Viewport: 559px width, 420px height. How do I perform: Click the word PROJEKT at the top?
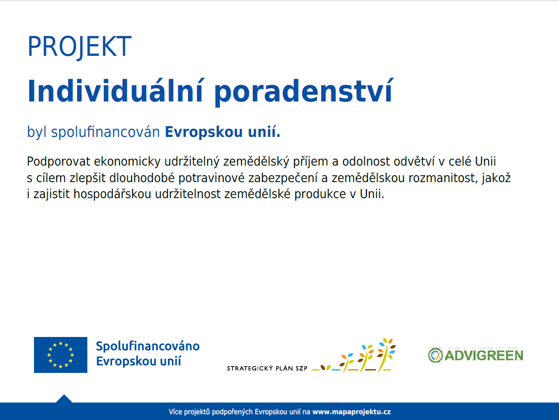coord(79,47)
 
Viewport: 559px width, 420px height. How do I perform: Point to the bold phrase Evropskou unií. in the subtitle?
coord(223,132)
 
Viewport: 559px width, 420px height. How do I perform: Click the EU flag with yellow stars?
coord(61,355)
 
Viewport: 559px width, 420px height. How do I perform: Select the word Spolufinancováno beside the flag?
coord(148,347)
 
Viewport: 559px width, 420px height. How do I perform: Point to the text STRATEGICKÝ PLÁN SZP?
coord(267,369)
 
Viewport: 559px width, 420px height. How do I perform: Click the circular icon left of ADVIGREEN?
coord(435,355)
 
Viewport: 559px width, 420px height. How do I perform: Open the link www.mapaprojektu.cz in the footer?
coord(351,412)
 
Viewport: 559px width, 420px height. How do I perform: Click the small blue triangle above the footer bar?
coord(64,399)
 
